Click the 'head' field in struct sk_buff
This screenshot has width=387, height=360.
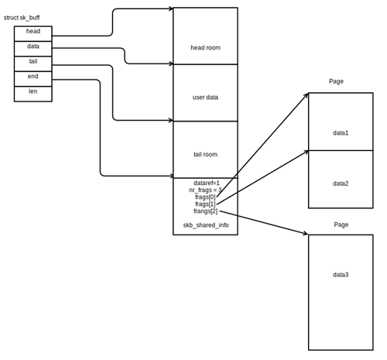[33, 32]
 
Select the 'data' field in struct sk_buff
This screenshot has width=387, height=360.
[33, 46]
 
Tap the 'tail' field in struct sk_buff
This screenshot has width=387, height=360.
[33, 61]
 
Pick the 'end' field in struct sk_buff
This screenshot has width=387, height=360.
[33, 77]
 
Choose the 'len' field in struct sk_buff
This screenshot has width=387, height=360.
[33, 91]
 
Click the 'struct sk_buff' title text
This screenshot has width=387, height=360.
[22, 18]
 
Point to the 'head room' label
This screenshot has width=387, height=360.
[205, 48]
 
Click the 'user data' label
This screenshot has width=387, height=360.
[205, 98]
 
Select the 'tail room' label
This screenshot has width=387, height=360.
[205, 154]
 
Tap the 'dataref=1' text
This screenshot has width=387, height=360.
[207, 183]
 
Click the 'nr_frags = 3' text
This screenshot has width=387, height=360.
[205, 190]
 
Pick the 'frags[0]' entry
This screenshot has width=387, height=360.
[206, 197]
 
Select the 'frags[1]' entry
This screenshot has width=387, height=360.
[206, 204]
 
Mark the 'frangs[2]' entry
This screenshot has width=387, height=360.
[206, 211]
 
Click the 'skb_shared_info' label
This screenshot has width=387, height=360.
[205, 225]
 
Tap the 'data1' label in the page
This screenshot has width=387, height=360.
[341, 133]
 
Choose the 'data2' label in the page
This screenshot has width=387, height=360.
[341, 183]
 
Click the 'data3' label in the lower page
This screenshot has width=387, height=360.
[341, 275]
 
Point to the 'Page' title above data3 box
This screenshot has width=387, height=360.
[341, 225]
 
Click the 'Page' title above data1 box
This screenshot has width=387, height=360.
[336, 81]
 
